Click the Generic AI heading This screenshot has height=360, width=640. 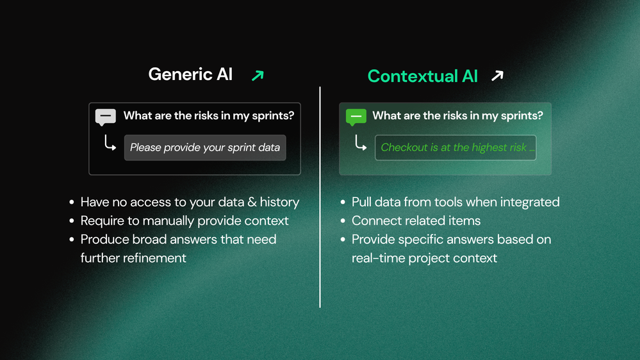[x=190, y=74]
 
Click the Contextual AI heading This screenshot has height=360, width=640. [x=422, y=76]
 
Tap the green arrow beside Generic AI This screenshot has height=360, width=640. [x=258, y=76]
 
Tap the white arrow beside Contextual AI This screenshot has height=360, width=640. [x=497, y=76]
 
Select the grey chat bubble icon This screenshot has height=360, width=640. [x=105, y=117]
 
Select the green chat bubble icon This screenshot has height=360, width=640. [x=356, y=117]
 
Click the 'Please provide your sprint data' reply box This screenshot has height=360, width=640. [x=205, y=147]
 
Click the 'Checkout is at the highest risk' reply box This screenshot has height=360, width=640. [x=455, y=147]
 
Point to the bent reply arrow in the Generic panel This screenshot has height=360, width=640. [x=110, y=144]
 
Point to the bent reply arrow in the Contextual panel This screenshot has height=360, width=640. [x=360, y=144]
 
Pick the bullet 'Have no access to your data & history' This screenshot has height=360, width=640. [x=190, y=202]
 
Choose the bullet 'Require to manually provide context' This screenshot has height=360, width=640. [x=185, y=221]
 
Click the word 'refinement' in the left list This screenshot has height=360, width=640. [x=133, y=258]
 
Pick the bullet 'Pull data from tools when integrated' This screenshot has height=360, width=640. [x=455, y=202]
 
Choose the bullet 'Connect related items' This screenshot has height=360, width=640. [x=416, y=221]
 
